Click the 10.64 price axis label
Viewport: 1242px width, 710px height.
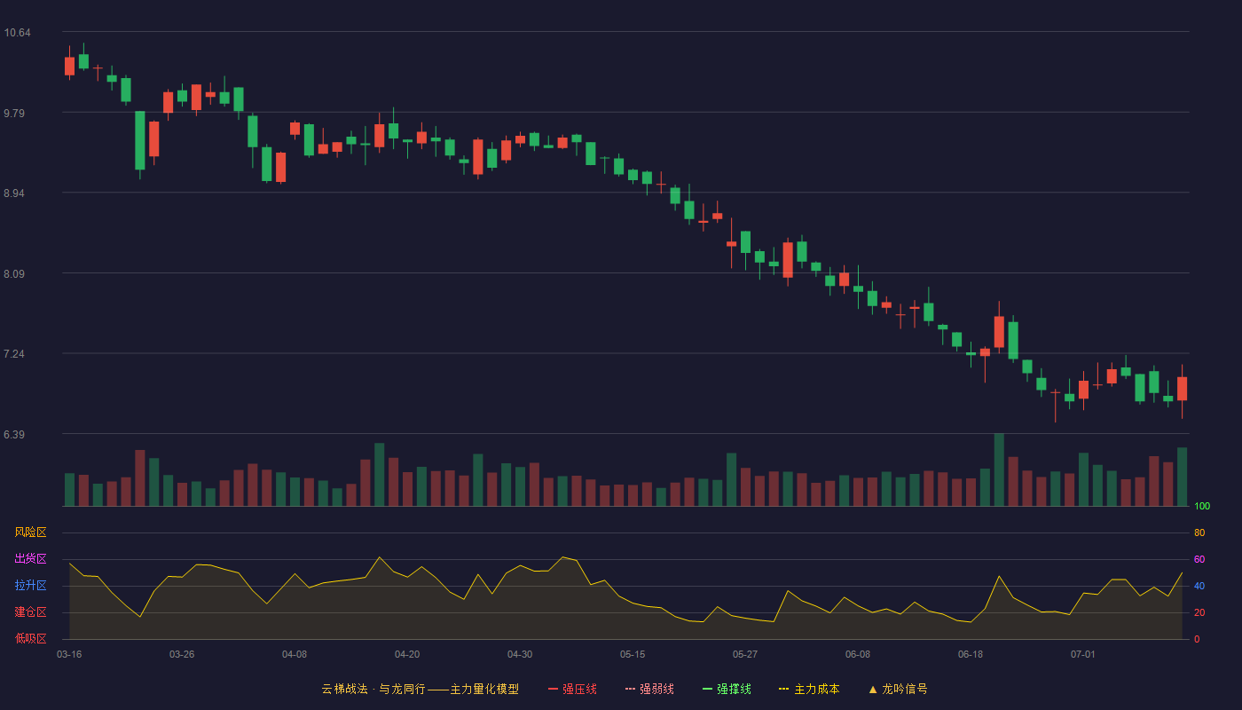tap(17, 33)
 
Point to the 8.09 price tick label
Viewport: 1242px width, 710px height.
tap(14, 274)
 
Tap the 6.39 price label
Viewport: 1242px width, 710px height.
tap(14, 434)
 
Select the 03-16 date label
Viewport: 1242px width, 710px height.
tap(69, 655)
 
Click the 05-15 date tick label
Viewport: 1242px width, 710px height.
tap(633, 655)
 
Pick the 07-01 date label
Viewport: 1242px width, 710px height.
tap(1083, 655)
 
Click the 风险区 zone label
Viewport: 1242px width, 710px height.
tap(30, 532)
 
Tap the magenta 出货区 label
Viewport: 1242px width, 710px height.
tap(30, 558)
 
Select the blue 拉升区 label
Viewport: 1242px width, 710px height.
tap(30, 585)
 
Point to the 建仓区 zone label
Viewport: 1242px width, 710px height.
tap(30, 611)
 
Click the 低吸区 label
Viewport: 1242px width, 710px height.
tap(30, 638)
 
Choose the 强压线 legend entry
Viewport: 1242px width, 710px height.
tap(572, 689)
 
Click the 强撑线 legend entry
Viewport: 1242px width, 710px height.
tap(727, 689)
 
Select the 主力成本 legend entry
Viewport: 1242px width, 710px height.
tap(809, 689)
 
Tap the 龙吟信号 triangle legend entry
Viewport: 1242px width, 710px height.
tap(898, 689)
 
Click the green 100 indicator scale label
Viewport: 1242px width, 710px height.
tap(1202, 506)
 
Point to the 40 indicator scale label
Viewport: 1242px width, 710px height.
tap(1199, 586)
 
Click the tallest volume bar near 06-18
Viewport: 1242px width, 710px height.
tap(999, 469)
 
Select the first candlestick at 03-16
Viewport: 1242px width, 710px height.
tap(69, 64)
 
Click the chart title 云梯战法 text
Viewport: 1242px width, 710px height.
tap(345, 689)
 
